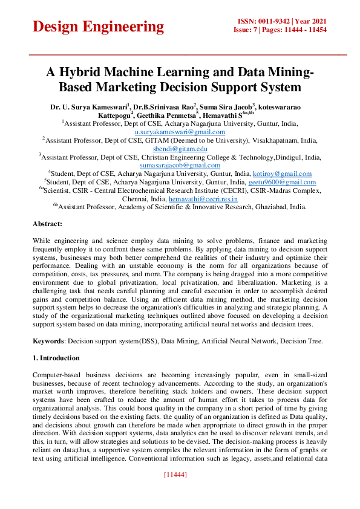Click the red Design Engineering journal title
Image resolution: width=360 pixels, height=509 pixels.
pyautogui.click(x=98, y=27)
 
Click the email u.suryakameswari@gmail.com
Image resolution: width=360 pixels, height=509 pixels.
pyautogui.click(x=180, y=131)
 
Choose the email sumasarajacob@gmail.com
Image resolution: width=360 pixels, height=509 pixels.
pyautogui.click(x=180, y=165)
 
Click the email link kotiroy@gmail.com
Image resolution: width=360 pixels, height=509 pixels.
pyautogui.click(x=282, y=173)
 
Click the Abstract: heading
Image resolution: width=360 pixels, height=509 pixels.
pyautogui.click(x=48, y=224)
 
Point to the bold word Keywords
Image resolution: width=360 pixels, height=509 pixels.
pyautogui.click(x=48, y=341)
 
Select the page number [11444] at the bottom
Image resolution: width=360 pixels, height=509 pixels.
pyautogui.click(x=175, y=475)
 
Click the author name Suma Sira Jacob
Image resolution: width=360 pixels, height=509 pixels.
pyautogui.click(x=226, y=106)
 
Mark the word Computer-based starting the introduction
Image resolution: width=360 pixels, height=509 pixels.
pyautogui.click(x=60, y=375)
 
